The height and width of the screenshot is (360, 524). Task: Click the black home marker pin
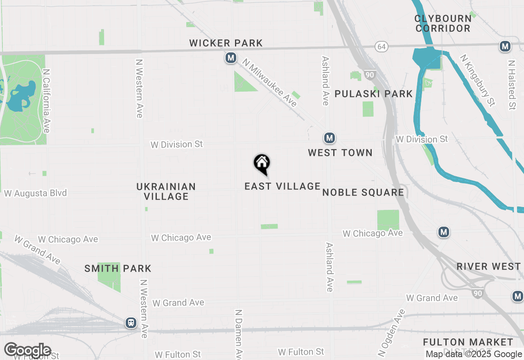262,164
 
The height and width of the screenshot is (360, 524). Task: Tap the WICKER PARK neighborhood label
226,43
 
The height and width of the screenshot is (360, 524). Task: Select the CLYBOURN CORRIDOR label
443,23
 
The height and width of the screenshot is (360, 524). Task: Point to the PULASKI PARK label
374,94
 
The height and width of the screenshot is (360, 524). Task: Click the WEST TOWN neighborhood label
340,153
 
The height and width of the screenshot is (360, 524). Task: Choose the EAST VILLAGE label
282,186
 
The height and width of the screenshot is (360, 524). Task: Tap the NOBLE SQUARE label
363,192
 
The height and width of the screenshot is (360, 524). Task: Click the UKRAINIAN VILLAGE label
166,191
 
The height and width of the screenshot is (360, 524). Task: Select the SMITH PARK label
118,269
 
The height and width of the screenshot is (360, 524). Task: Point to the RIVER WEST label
489,266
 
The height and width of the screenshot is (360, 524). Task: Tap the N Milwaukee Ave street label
269,83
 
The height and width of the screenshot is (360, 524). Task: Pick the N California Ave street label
46,100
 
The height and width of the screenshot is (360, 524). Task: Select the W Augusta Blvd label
36,193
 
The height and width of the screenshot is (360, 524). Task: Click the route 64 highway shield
382,47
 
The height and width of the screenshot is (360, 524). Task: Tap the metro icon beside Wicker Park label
231,58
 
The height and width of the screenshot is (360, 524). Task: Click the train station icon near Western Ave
131,323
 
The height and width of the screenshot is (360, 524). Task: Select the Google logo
28,351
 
